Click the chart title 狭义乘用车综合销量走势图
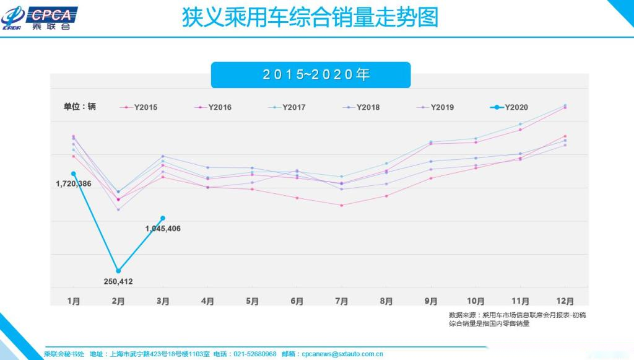(310, 17)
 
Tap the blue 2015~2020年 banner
(310, 75)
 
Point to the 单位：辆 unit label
(80, 107)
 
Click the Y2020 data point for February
(118, 271)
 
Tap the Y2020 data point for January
(74, 173)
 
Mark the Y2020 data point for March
(163, 218)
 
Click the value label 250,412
(118, 281)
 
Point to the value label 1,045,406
(163, 229)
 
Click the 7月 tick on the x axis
(341, 302)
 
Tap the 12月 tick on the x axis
(564, 302)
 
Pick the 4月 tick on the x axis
(207, 302)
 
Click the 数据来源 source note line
(517, 315)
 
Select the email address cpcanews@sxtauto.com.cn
(342, 354)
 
